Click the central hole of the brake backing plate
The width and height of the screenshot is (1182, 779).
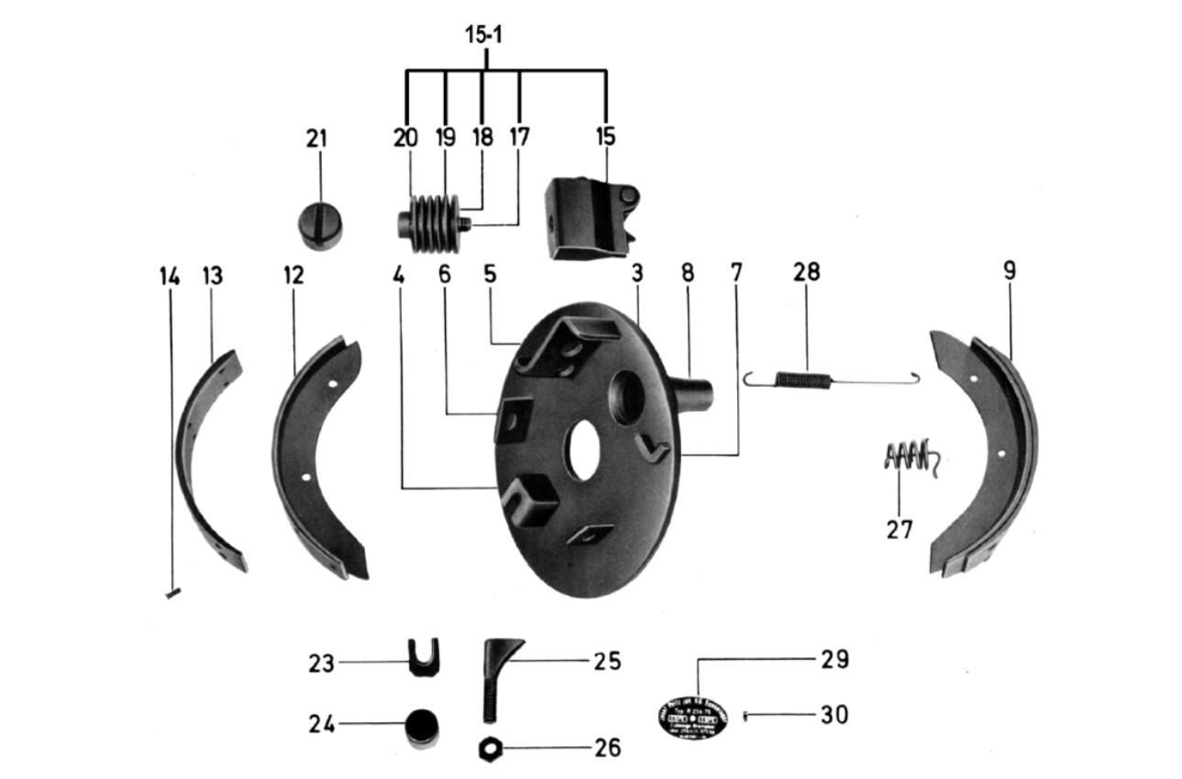tap(580, 452)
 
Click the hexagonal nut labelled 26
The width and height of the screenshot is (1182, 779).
tap(487, 748)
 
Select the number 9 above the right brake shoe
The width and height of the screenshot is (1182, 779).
tap(1009, 272)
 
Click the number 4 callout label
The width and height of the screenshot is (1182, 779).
tap(397, 274)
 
